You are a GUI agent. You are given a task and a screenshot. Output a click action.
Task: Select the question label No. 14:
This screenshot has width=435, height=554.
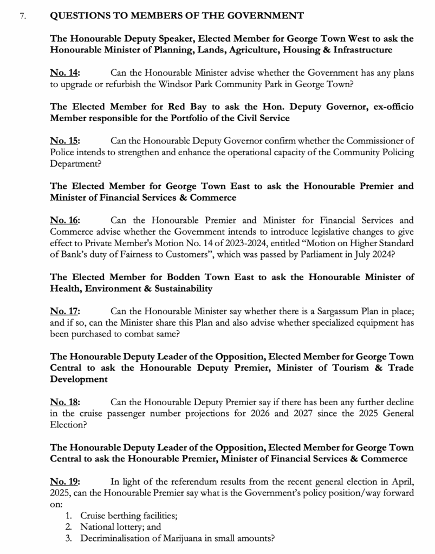pyautogui.click(x=65, y=72)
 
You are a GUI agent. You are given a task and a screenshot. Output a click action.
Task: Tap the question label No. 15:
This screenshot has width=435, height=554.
pyautogui.click(x=65, y=142)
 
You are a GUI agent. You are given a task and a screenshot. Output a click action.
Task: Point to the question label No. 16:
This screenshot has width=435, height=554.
pyautogui.click(x=65, y=220)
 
